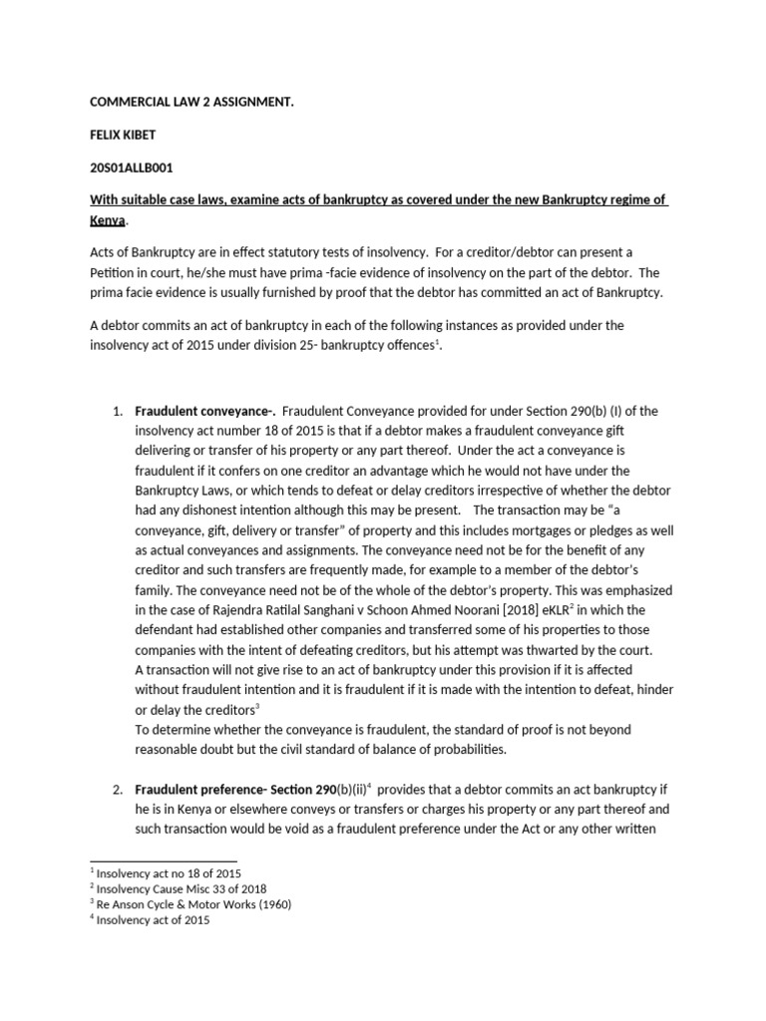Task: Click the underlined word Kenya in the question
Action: pyautogui.click(x=109, y=218)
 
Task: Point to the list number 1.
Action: pyautogui.click(x=117, y=411)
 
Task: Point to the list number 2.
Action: pyautogui.click(x=117, y=790)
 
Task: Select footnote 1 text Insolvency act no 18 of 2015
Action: pyautogui.click(x=169, y=873)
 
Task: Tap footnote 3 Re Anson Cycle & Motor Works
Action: pyautogui.click(x=194, y=904)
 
